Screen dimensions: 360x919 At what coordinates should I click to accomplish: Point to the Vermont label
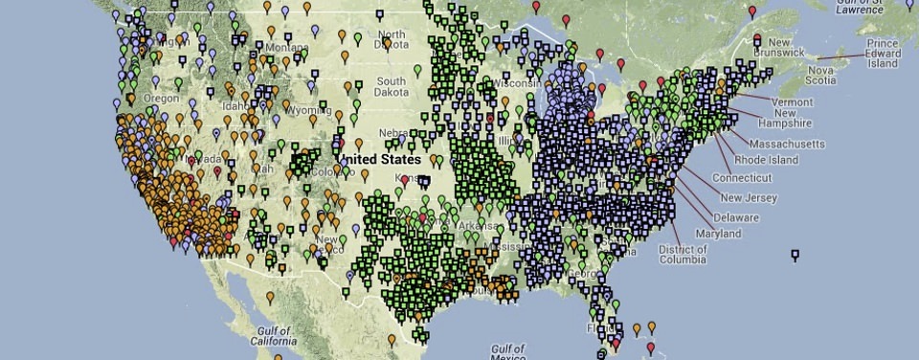coord(792,101)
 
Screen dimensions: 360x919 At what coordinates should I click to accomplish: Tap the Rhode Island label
coord(766,160)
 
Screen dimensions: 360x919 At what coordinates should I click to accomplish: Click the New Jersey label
coord(749,198)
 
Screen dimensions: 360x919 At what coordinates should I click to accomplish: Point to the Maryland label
coord(718,234)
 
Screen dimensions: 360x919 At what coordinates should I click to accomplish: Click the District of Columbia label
coord(684,254)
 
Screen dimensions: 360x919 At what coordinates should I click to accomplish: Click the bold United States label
coord(379,158)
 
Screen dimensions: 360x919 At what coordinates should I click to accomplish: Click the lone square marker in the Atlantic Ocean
coord(795,254)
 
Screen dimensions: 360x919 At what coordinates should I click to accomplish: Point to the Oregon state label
coord(161,98)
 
